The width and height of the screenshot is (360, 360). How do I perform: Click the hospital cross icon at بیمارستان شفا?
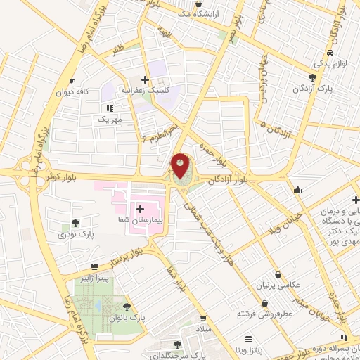141,209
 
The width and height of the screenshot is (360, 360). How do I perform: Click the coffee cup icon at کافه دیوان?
73,82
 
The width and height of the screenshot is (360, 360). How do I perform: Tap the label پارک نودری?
76,233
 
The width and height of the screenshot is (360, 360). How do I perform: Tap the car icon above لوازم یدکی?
329,53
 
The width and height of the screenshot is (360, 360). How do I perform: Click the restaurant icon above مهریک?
109,108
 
